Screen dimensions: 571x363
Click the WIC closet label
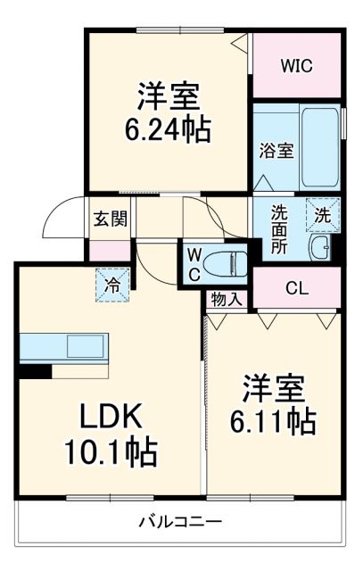point(297,65)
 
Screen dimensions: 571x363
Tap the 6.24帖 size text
point(168,132)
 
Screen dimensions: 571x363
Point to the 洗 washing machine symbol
point(322,214)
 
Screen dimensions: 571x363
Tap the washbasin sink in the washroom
point(318,249)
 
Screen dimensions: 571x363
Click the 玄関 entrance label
point(110,219)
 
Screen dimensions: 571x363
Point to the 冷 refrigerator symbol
point(112,287)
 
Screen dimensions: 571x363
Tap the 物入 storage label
point(226,299)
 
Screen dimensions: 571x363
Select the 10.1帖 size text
point(107,452)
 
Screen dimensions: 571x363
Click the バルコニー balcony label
point(180,521)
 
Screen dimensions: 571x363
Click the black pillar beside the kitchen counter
point(35,370)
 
